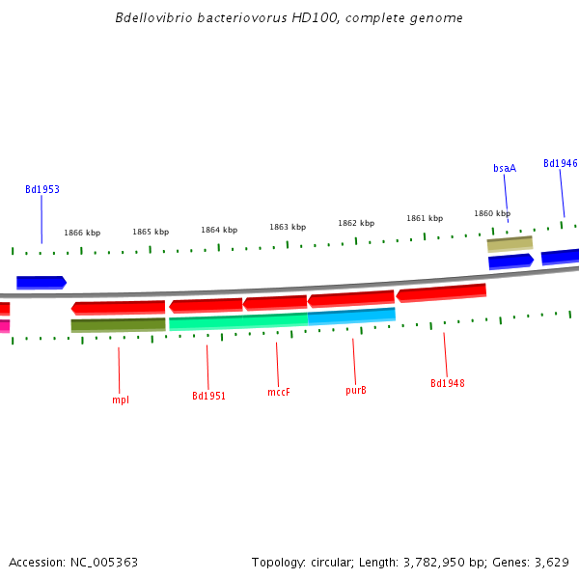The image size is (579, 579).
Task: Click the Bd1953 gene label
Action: [42, 190]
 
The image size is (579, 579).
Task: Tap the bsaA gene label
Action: [505, 168]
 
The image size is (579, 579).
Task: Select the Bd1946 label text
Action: [561, 164]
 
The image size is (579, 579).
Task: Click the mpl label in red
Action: [121, 400]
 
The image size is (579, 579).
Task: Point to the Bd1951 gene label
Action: [208, 396]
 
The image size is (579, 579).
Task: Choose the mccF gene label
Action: [279, 392]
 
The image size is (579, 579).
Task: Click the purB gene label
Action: [356, 391]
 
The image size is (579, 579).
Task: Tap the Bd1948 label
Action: [448, 383]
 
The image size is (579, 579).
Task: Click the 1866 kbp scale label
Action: [82, 233]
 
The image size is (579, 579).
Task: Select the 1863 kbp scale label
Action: [288, 228]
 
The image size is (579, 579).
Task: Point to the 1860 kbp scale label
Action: [491, 213]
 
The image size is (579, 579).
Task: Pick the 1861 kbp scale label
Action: [425, 218]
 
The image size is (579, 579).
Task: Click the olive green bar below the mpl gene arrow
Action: [118, 325]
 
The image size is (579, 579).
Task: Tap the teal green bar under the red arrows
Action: [238, 321]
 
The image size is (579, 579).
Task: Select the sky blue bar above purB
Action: [352, 316]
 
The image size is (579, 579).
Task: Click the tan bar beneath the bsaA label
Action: [510, 244]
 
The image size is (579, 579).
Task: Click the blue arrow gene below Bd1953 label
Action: [41, 283]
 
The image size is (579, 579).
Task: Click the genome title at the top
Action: [289, 18]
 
